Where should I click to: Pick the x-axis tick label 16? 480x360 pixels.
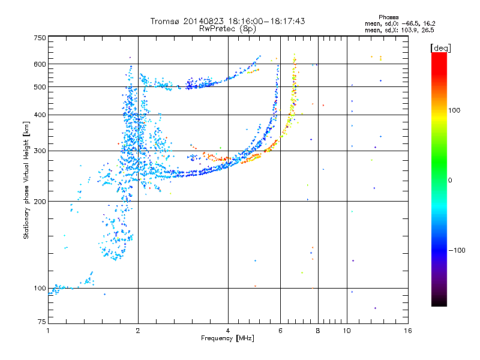point(407,331)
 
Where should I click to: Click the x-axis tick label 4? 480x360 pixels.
point(228,331)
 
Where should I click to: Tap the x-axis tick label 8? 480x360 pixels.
point(318,331)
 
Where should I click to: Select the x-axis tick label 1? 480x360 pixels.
point(48,331)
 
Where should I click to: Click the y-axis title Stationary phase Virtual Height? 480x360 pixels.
point(26,180)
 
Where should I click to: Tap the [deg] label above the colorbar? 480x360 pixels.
point(441,47)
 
